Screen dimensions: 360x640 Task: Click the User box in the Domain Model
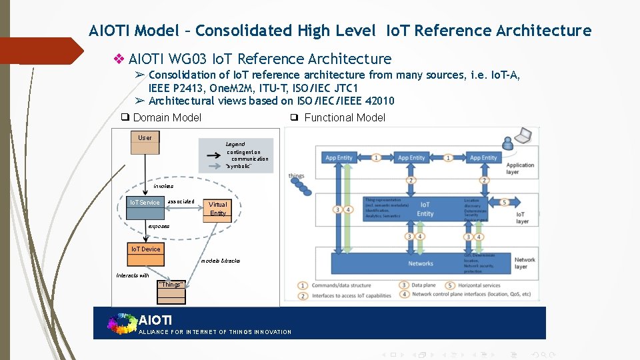(x=145, y=138)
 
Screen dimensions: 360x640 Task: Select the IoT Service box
(x=145, y=203)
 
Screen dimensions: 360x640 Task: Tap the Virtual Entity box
(x=218, y=209)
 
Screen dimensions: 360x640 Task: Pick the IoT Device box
(x=145, y=249)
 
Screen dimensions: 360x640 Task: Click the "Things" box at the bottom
(x=171, y=285)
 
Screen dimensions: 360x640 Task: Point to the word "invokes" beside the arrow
(x=163, y=187)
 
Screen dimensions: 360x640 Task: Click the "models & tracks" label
(x=221, y=261)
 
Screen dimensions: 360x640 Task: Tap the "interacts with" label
(x=133, y=275)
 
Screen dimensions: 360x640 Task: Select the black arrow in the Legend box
(x=214, y=154)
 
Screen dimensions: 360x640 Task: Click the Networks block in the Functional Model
(x=421, y=263)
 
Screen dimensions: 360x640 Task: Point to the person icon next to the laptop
(x=509, y=141)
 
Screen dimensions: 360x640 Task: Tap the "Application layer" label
(x=520, y=168)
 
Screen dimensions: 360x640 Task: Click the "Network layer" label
(x=525, y=263)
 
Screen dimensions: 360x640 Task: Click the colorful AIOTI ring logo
(x=121, y=323)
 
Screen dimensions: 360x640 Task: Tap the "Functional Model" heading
(x=345, y=118)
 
